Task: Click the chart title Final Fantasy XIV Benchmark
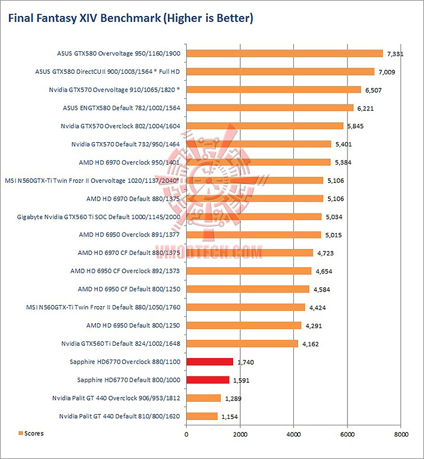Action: coord(130,18)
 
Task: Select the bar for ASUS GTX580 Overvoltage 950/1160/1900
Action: coord(284,53)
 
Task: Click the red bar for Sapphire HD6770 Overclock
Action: coord(210,361)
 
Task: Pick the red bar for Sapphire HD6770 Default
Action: coord(208,379)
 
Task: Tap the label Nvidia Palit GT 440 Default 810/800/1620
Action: coord(120,417)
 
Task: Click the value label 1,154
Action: coord(230,417)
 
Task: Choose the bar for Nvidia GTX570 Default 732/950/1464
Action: coord(259,144)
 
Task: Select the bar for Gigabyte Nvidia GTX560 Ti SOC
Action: coord(254,217)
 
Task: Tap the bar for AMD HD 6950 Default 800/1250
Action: coord(244,325)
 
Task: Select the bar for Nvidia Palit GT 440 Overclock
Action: coord(204,398)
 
